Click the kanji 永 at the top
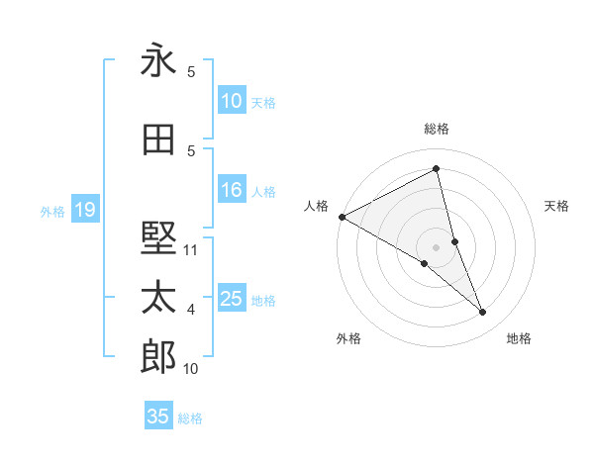click(158, 61)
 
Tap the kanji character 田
click(158, 140)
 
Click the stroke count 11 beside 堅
click(191, 250)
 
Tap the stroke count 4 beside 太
click(191, 310)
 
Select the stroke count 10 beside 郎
click(191, 369)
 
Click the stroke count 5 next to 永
click(191, 72)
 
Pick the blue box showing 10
click(231, 101)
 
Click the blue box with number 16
click(231, 191)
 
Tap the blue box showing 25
click(231, 299)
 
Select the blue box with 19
click(84, 210)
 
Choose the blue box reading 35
click(157, 417)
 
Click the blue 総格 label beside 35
click(190, 418)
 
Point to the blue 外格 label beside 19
click(52, 211)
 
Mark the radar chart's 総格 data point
click(437, 170)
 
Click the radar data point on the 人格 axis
click(342, 217)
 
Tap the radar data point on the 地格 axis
click(483, 313)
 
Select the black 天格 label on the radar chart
click(557, 206)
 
